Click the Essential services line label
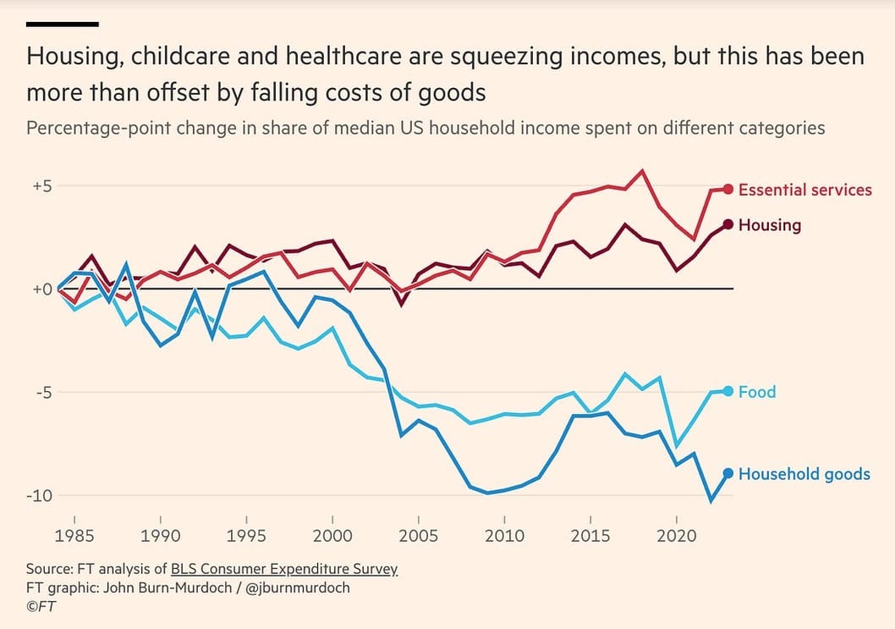tap(804, 190)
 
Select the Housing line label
tap(769, 225)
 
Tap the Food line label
tap(756, 392)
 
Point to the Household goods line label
tap(804, 474)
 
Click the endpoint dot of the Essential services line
tap(728, 189)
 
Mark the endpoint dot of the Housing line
tap(728, 224)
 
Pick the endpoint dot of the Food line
tap(728, 391)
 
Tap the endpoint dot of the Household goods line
tap(728, 473)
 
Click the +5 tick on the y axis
tap(42, 186)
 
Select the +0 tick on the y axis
tap(42, 290)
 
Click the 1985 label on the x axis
tap(74, 535)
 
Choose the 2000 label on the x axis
tap(332, 535)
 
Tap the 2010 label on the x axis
tap(504, 535)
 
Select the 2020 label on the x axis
tap(677, 535)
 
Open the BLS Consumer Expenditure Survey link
tap(283, 569)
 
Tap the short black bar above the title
tap(63, 24)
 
